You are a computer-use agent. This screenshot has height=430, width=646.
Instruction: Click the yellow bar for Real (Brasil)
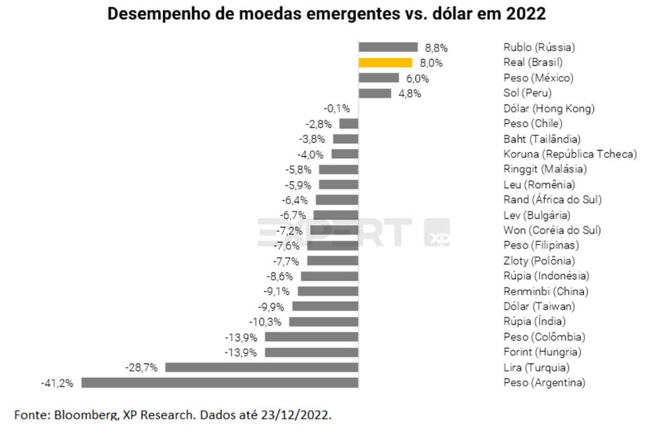point(386,62)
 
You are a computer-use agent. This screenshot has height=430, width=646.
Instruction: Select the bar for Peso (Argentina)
point(220,382)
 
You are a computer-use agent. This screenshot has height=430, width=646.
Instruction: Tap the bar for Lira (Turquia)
point(261,367)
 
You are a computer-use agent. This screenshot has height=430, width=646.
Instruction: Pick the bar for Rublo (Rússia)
point(388,47)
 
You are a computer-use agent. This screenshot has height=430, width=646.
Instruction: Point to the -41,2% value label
point(57,382)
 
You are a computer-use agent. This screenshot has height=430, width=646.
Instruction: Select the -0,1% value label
point(337,109)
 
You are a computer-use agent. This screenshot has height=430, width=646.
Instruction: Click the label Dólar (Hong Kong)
point(549,109)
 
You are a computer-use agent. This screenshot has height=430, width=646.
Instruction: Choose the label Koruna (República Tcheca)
point(569,154)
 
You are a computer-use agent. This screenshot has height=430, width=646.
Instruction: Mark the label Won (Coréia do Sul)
point(551,230)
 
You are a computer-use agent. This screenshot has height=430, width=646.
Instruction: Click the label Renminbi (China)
point(545,291)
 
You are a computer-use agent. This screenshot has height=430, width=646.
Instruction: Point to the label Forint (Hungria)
point(542,352)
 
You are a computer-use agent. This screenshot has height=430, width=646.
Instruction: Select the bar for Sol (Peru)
point(374,93)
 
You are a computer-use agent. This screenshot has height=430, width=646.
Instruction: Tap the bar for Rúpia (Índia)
point(324,321)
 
